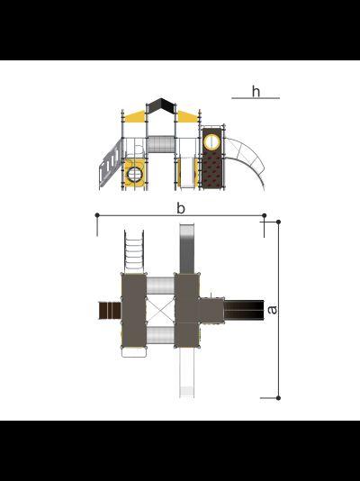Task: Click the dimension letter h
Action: point(256,91)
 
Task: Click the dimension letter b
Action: point(181,209)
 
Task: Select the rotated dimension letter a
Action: point(272,310)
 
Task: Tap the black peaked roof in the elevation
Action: point(161,105)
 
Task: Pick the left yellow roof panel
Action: point(135,116)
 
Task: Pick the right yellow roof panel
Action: point(188,116)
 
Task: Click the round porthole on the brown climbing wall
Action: point(211,142)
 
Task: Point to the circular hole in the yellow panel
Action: point(134,175)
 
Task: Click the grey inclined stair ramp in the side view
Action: point(110,163)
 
